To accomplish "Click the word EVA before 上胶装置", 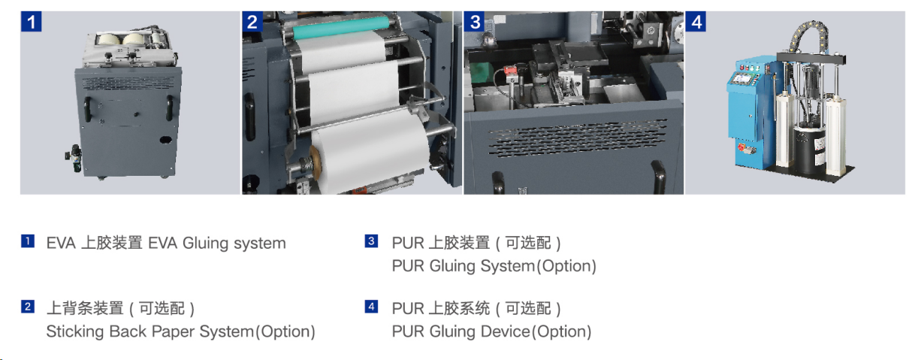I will pos(60,244).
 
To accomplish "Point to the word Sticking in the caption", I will pos(74,331).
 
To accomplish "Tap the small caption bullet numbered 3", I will pos(371,241).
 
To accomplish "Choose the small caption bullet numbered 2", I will pos(27,307).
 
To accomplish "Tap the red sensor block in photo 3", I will pos(512,74).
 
